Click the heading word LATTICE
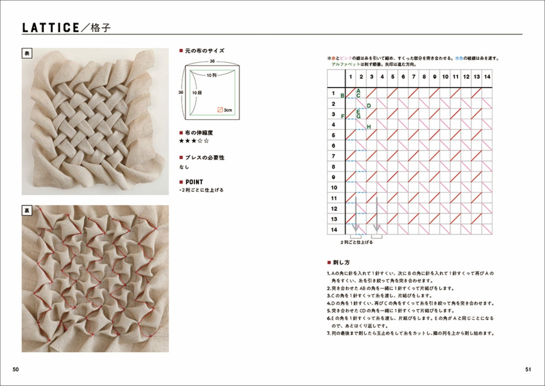[x=51, y=28]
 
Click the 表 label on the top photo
[x=27, y=54]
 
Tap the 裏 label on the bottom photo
[x=27, y=211]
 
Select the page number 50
[x=15, y=369]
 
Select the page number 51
[x=528, y=369]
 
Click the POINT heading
[x=194, y=182]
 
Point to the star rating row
[x=194, y=141]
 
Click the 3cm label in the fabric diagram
[x=227, y=110]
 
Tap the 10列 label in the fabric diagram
[x=212, y=75]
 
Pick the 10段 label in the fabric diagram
[x=197, y=92]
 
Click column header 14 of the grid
[x=487, y=77]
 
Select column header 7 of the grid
[x=413, y=77]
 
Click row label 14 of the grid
[x=334, y=230]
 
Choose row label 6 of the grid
[x=333, y=146]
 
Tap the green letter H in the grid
[x=368, y=127]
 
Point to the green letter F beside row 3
[x=342, y=116]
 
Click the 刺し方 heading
[x=341, y=262]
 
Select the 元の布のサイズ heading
[x=204, y=51]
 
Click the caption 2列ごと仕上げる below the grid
[x=356, y=242]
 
